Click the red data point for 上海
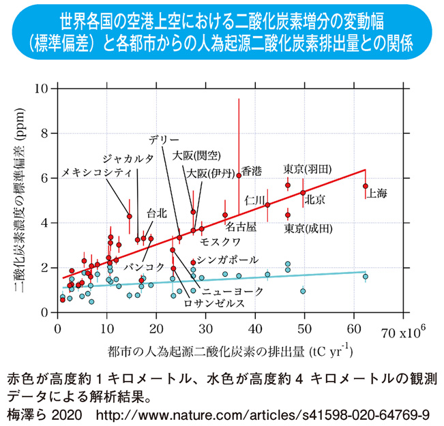click(x=366, y=186)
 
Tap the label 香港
click(x=252, y=172)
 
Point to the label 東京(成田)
click(x=308, y=227)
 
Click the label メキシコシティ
click(x=96, y=173)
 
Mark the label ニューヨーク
click(x=235, y=291)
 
